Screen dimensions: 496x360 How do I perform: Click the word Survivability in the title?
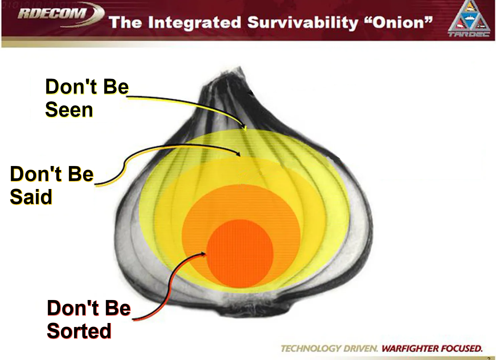click(302, 23)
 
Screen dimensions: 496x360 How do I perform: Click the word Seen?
click(69, 110)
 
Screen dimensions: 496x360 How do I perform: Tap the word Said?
click(31, 197)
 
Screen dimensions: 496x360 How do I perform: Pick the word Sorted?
click(79, 331)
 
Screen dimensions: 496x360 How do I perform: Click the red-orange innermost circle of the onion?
click(240, 254)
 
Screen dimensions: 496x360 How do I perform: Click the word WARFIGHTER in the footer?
click(410, 348)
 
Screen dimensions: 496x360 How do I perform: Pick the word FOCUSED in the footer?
click(462, 348)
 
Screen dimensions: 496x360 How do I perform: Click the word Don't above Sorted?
click(73, 308)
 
